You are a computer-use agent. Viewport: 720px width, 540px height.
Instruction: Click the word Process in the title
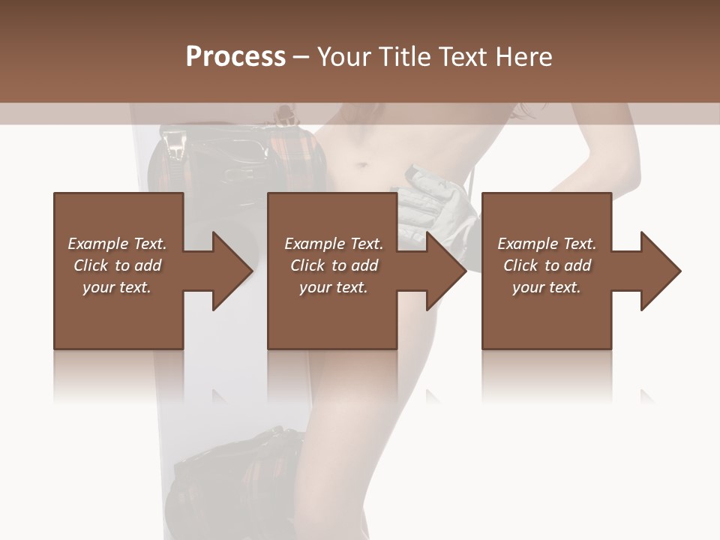coord(235,56)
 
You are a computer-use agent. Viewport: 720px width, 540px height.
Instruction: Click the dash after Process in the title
coord(301,58)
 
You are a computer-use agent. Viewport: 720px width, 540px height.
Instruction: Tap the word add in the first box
coord(148,265)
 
